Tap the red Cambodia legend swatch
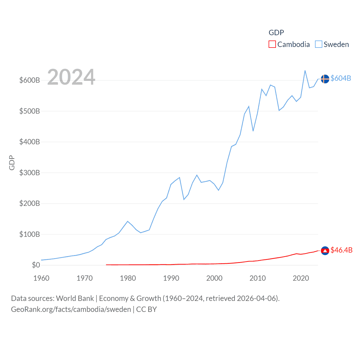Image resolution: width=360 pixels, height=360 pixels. [x=272, y=44]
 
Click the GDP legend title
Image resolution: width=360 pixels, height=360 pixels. [x=276, y=33]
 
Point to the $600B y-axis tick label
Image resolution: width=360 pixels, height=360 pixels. [x=30, y=80]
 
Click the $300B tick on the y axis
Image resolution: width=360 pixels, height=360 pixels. [x=30, y=173]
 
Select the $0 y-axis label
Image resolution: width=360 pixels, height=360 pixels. [x=36, y=265]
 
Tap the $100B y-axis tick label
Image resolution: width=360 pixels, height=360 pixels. [x=30, y=234]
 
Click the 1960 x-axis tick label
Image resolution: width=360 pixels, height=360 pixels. [x=41, y=278]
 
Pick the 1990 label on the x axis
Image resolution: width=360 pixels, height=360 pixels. [x=171, y=278]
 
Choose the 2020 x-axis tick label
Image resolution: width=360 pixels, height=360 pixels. [x=301, y=278]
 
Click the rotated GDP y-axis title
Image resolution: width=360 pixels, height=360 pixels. [x=12, y=163]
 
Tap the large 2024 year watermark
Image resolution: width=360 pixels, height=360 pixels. [x=71, y=77]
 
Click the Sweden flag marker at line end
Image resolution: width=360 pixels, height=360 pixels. [x=325, y=79]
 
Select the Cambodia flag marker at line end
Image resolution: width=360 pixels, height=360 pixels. [x=325, y=251]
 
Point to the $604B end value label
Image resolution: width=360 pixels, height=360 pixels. [x=341, y=78]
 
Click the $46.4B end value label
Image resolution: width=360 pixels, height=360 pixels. [x=341, y=250]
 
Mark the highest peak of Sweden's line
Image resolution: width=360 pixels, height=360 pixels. [x=305, y=71]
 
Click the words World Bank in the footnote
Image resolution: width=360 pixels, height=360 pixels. [x=75, y=298]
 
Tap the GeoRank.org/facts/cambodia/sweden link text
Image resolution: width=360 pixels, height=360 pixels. [x=71, y=309]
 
